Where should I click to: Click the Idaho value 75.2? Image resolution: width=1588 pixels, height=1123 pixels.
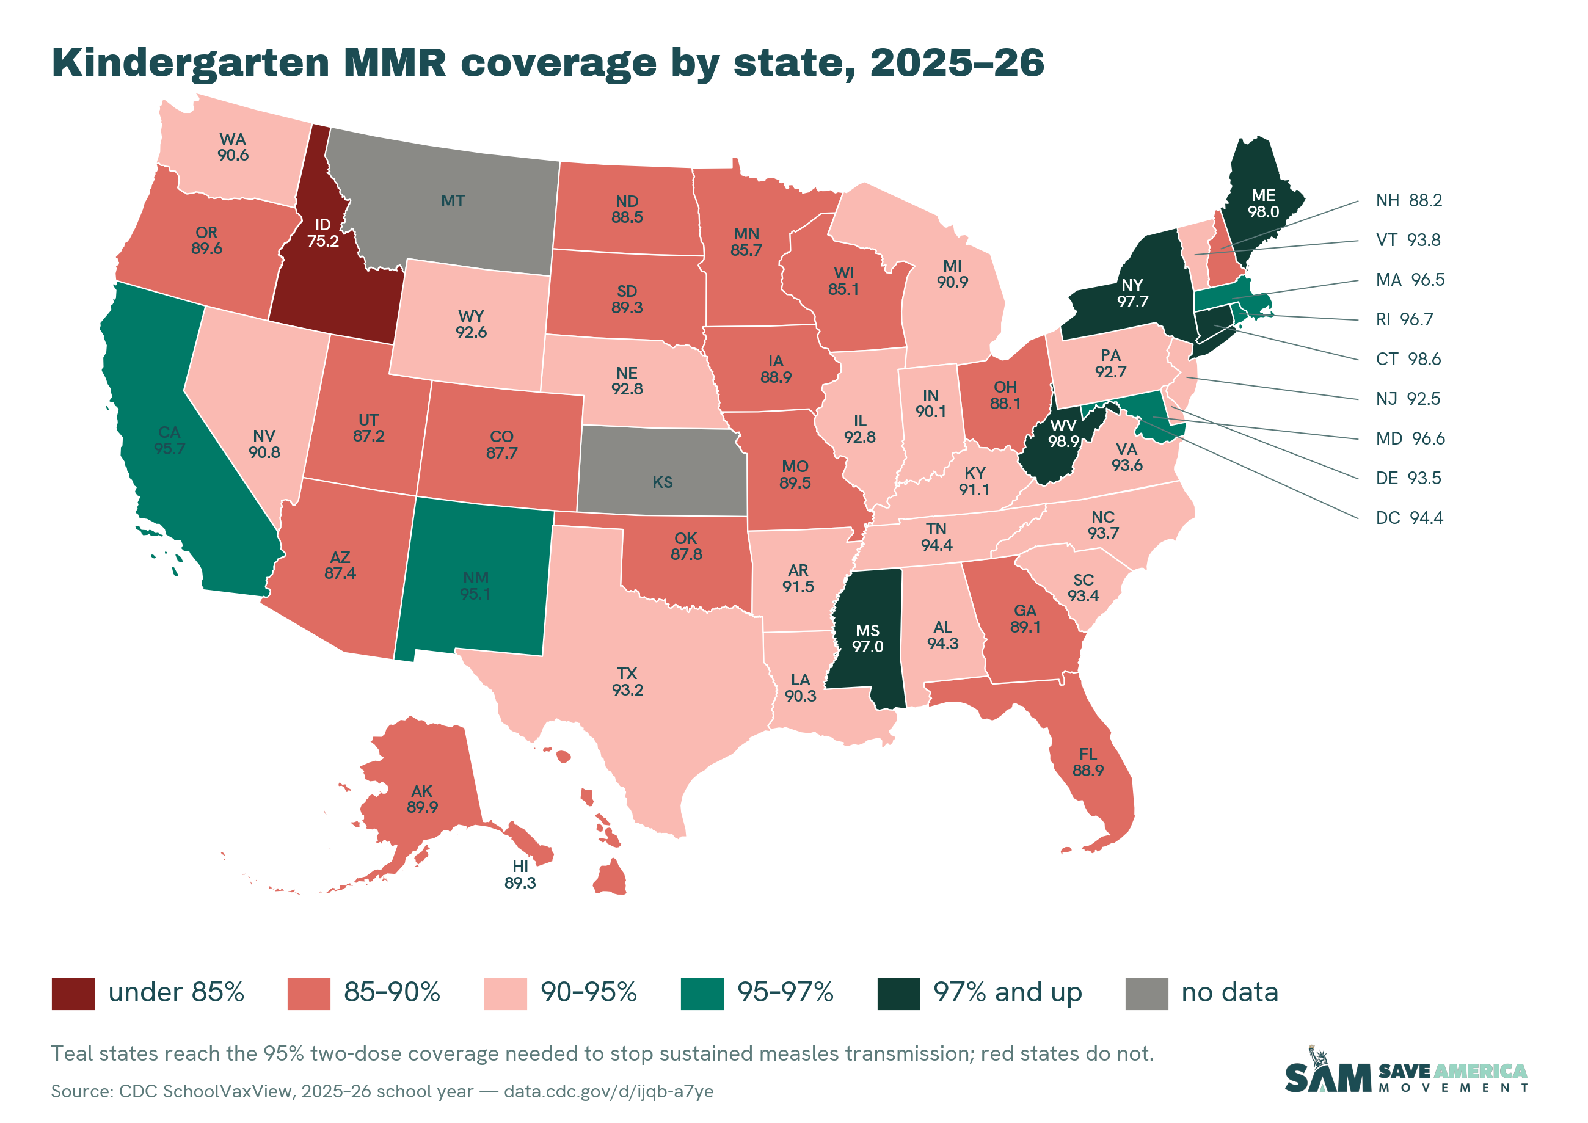[x=323, y=241]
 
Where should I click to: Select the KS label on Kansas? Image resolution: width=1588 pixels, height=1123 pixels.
[x=663, y=482]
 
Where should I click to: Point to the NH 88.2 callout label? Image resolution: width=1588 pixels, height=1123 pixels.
[x=1409, y=200]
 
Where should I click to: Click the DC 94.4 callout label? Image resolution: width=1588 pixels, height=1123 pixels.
[x=1410, y=518]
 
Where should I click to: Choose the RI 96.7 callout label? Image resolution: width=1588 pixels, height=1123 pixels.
[x=1405, y=319]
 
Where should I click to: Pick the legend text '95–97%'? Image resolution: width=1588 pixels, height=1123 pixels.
[x=785, y=993]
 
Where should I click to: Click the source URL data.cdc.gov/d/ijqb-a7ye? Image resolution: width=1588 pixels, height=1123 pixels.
[x=609, y=1091]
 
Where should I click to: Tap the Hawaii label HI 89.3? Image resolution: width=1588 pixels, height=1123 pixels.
[x=520, y=874]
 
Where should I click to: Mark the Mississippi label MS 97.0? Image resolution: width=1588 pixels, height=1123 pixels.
[x=867, y=638]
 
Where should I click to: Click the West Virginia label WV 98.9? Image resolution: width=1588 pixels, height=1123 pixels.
[x=1063, y=433]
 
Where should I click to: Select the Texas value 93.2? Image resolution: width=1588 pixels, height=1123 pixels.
[x=627, y=689]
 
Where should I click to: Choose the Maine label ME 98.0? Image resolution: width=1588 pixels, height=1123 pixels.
[x=1263, y=203]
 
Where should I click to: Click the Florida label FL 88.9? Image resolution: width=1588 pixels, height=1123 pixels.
[x=1088, y=762]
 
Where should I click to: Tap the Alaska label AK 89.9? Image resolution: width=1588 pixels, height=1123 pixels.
[x=422, y=799]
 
